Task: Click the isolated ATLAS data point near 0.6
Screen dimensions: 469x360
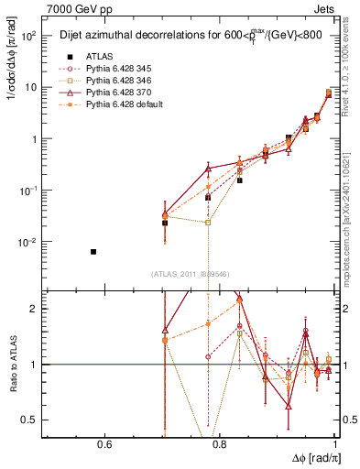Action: coord(93,251)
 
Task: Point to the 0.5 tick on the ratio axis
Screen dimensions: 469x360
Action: coord(35,420)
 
